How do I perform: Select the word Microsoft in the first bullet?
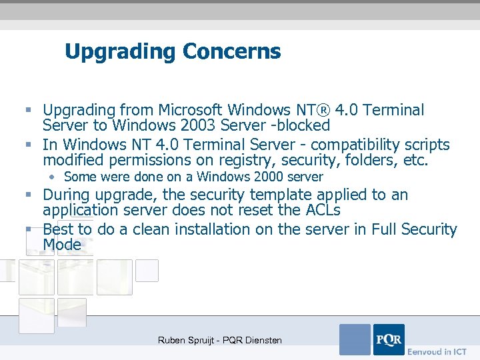coord(194,110)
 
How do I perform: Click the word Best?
coord(57,230)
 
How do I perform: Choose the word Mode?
coord(62,245)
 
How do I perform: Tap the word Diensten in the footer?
coord(261,341)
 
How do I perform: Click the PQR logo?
coord(388,339)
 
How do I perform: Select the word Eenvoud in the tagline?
coord(423,351)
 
